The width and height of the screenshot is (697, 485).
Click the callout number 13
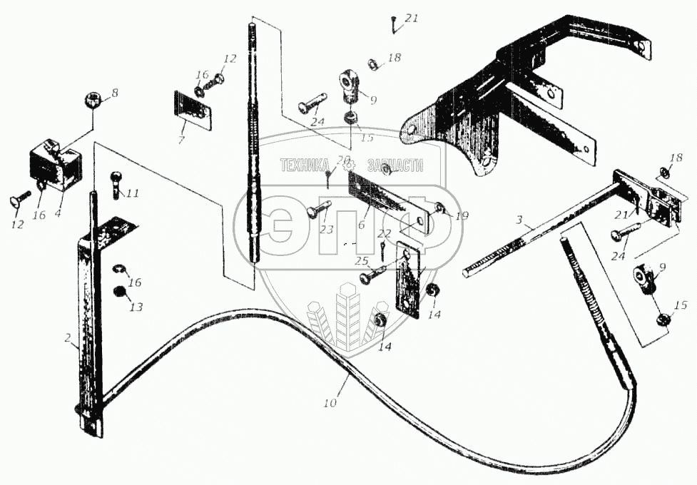tap(136, 307)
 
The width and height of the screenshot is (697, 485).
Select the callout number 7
tap(181, 140)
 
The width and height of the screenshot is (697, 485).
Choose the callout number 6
tap(361, 225)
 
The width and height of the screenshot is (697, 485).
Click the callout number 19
tap(462, 215)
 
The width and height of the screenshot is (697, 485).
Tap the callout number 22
tap(384, 233)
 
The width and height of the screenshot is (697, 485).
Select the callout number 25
tap(362, 262)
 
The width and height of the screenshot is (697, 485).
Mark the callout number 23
tap(327, 230)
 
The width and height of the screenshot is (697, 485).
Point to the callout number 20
tap(343, 159)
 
